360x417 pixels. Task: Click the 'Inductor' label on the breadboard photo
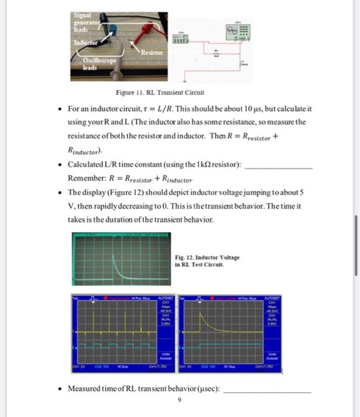[85, 43]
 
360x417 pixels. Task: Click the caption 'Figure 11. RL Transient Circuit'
[160, 92]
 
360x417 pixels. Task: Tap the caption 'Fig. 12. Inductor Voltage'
[207, 257]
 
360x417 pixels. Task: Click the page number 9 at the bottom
[179, 400]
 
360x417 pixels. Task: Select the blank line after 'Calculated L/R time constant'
[278, 169]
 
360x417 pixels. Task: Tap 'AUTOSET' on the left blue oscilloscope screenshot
[166, 298]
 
